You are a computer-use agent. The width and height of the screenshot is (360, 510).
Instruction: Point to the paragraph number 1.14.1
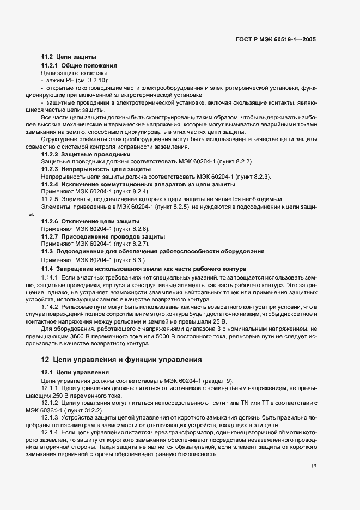click(51, 278)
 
